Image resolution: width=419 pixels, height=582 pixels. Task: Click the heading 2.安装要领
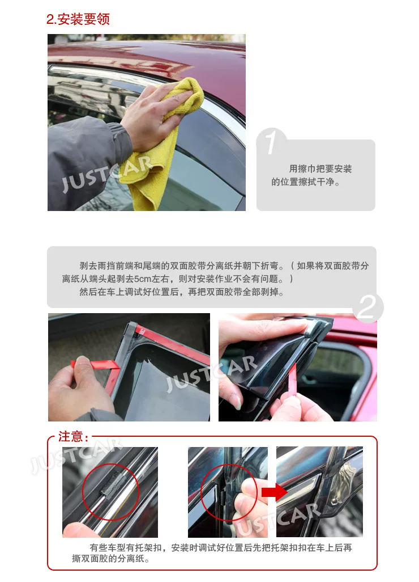78,19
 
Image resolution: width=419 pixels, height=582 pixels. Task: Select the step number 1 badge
271,141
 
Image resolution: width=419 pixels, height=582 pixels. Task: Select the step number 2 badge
367,307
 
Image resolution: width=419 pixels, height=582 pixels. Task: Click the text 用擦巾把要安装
320,169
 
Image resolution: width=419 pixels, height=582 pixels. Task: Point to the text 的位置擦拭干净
306,182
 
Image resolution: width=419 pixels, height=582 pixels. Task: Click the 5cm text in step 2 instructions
143,279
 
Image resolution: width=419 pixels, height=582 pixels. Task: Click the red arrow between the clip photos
274,492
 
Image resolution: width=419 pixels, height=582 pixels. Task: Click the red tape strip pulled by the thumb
96,364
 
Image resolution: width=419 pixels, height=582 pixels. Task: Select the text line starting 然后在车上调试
182,292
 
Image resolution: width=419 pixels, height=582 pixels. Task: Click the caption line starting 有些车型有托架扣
221,547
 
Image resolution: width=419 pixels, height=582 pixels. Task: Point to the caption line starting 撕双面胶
111,559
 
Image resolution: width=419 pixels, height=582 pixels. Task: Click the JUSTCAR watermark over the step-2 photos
211,373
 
